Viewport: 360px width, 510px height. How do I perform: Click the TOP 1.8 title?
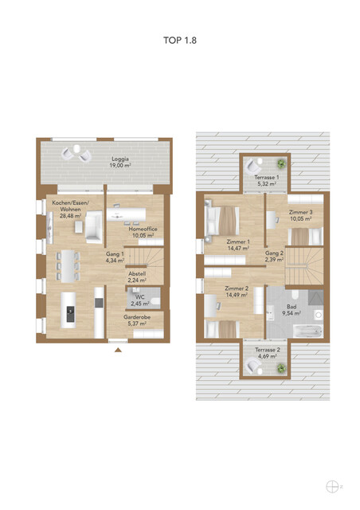(x=180, y=41)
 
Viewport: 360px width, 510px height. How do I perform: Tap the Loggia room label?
(x=120, y=159)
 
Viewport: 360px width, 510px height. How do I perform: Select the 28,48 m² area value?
(x=71, y=216)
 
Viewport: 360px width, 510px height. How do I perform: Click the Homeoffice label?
(x=143, y=229)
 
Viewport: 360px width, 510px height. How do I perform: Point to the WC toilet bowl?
(x=156, y=302)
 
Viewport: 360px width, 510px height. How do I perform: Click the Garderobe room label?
(x=137, y=317)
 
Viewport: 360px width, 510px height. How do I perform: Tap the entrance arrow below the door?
(x=119, y=351)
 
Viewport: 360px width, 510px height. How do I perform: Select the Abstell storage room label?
(x=137, y=274)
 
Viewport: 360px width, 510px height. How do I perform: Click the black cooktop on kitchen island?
(x=71, y=314)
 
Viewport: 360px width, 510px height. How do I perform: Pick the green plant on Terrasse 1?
(x=281, y=163)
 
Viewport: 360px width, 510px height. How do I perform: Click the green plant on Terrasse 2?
(x=281, y=368)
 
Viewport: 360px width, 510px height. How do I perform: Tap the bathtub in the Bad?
(x=307, y=331)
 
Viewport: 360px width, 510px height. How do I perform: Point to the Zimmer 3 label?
(x=301, y=213)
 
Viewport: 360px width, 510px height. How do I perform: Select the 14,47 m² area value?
(x=238, y=248)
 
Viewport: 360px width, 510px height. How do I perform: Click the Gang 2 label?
(x=274, y=253)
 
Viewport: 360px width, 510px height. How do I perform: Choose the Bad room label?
(x=292, y=307)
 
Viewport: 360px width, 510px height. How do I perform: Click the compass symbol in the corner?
(x=332, y=487)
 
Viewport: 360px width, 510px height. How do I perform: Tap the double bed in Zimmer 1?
(x=221, y=221)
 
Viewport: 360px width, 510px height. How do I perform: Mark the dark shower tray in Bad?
(x=315, y=297)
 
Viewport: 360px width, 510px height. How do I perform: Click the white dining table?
(x=68, y=266)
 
